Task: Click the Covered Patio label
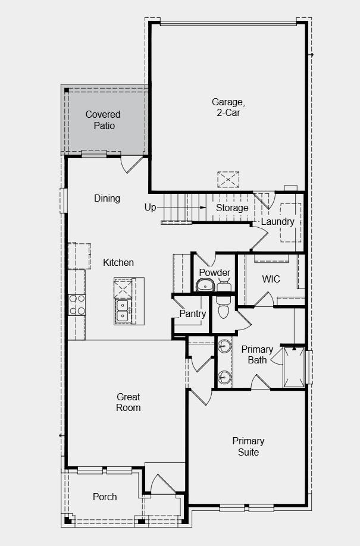click(103, 120)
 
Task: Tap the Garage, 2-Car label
click(228, 107)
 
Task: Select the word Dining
click(107, 199)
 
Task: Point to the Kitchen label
click(118, 262)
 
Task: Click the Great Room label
click(129, 402)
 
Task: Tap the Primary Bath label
click(257, 354)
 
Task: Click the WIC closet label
click(271, 279)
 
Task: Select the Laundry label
click(277, 222)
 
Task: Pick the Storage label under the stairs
click(232, 208)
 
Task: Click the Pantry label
click(193, 314)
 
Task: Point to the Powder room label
click(214, 272)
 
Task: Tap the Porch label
click(105, 497)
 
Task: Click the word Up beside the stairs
click(151, 208)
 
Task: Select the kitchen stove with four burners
click(77, 304)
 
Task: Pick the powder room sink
click(206, 286)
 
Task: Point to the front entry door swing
click(162, 484)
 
